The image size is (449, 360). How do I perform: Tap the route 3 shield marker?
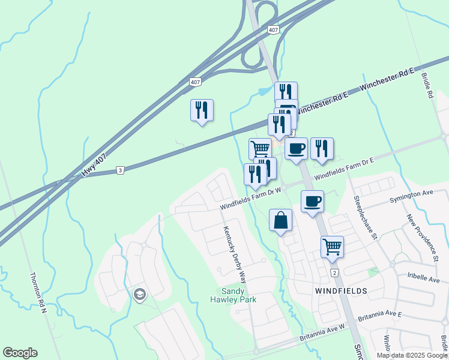[121, 171]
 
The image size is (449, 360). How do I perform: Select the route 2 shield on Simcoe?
[334, 273]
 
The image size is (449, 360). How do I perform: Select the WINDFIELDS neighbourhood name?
[340, 290]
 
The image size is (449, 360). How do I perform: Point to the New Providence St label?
[424, 238]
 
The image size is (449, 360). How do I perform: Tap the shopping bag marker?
[281, 220]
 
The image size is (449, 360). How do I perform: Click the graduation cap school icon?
[140, 295]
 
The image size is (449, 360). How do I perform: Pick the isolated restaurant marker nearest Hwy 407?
[202, 110]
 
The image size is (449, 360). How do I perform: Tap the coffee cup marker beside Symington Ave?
[312, 202]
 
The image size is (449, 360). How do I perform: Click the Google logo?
[20, 353]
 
